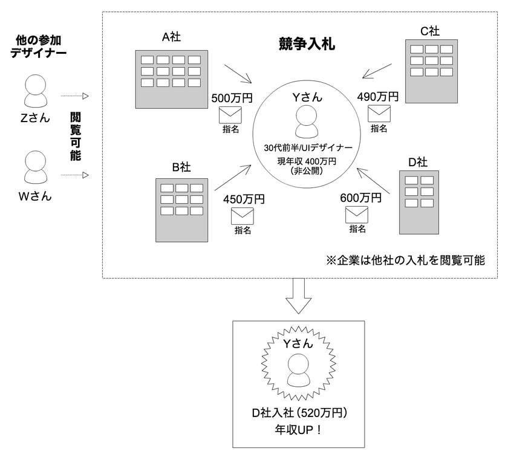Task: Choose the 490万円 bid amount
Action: click(378, 96)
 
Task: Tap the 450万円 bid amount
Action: click(244, 199)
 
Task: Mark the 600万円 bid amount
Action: click(360, 198)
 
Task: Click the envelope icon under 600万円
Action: click(357, 215)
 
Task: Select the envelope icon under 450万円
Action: click(243, 216)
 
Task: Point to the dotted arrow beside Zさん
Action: click(74, 96)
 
